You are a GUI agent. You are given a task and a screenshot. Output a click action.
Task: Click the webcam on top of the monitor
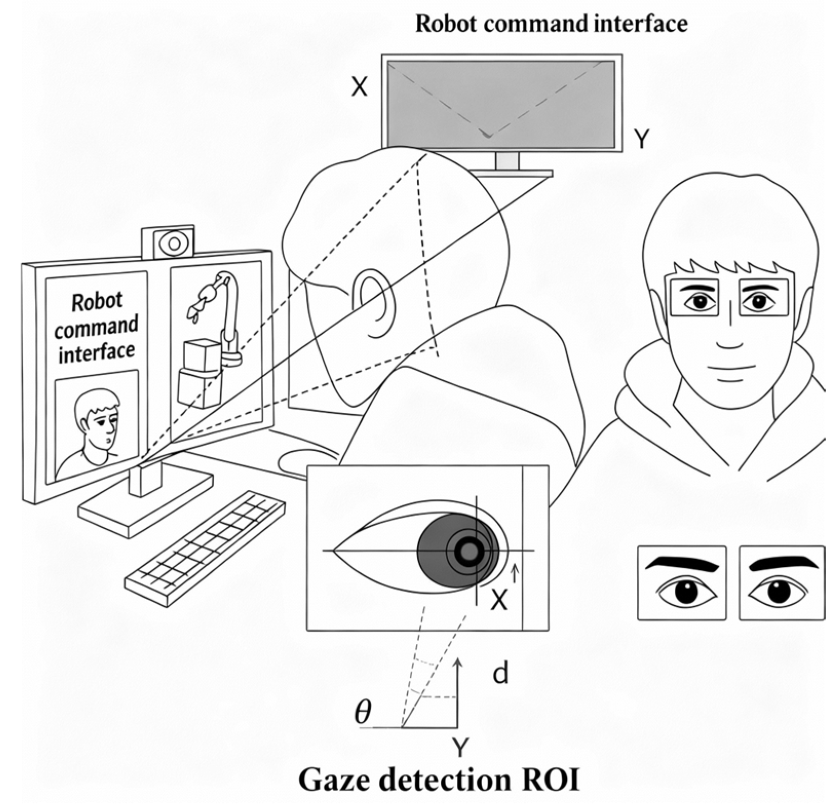point(173,243)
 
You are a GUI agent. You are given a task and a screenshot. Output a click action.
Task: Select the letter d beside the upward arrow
point(500,674)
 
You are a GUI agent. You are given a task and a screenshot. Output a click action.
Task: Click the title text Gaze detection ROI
point(439,781)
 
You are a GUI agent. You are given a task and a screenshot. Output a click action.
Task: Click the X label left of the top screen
point(359,87)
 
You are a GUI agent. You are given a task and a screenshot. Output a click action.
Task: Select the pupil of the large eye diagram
point(467,551)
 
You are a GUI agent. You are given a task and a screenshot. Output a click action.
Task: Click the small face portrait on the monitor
point(96,426)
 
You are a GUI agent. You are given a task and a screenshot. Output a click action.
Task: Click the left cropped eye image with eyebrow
point(681,583)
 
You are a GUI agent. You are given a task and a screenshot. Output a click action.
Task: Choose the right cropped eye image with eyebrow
point(782,583)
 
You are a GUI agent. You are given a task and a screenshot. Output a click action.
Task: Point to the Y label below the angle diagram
point(460,747)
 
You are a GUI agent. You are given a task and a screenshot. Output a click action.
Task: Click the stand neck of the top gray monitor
point(507,161)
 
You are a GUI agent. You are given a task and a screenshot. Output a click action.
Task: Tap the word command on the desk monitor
point(96,327)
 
